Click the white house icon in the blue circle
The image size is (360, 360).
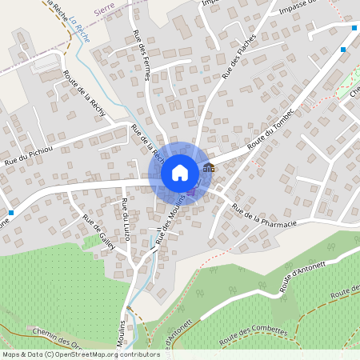pyautogui.click(x=180, y=172)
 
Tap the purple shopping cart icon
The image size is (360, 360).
pyautogui.click(x=192, y=191)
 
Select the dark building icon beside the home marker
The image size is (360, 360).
pyautogui.click(x=209, y=167)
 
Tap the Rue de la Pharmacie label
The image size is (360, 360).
pyautogui.click(x=263, y=218)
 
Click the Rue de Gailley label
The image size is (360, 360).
pyautogui.click(x=99, y=232)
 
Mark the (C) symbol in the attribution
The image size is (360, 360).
pyautogui.click(x=50, y=354)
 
